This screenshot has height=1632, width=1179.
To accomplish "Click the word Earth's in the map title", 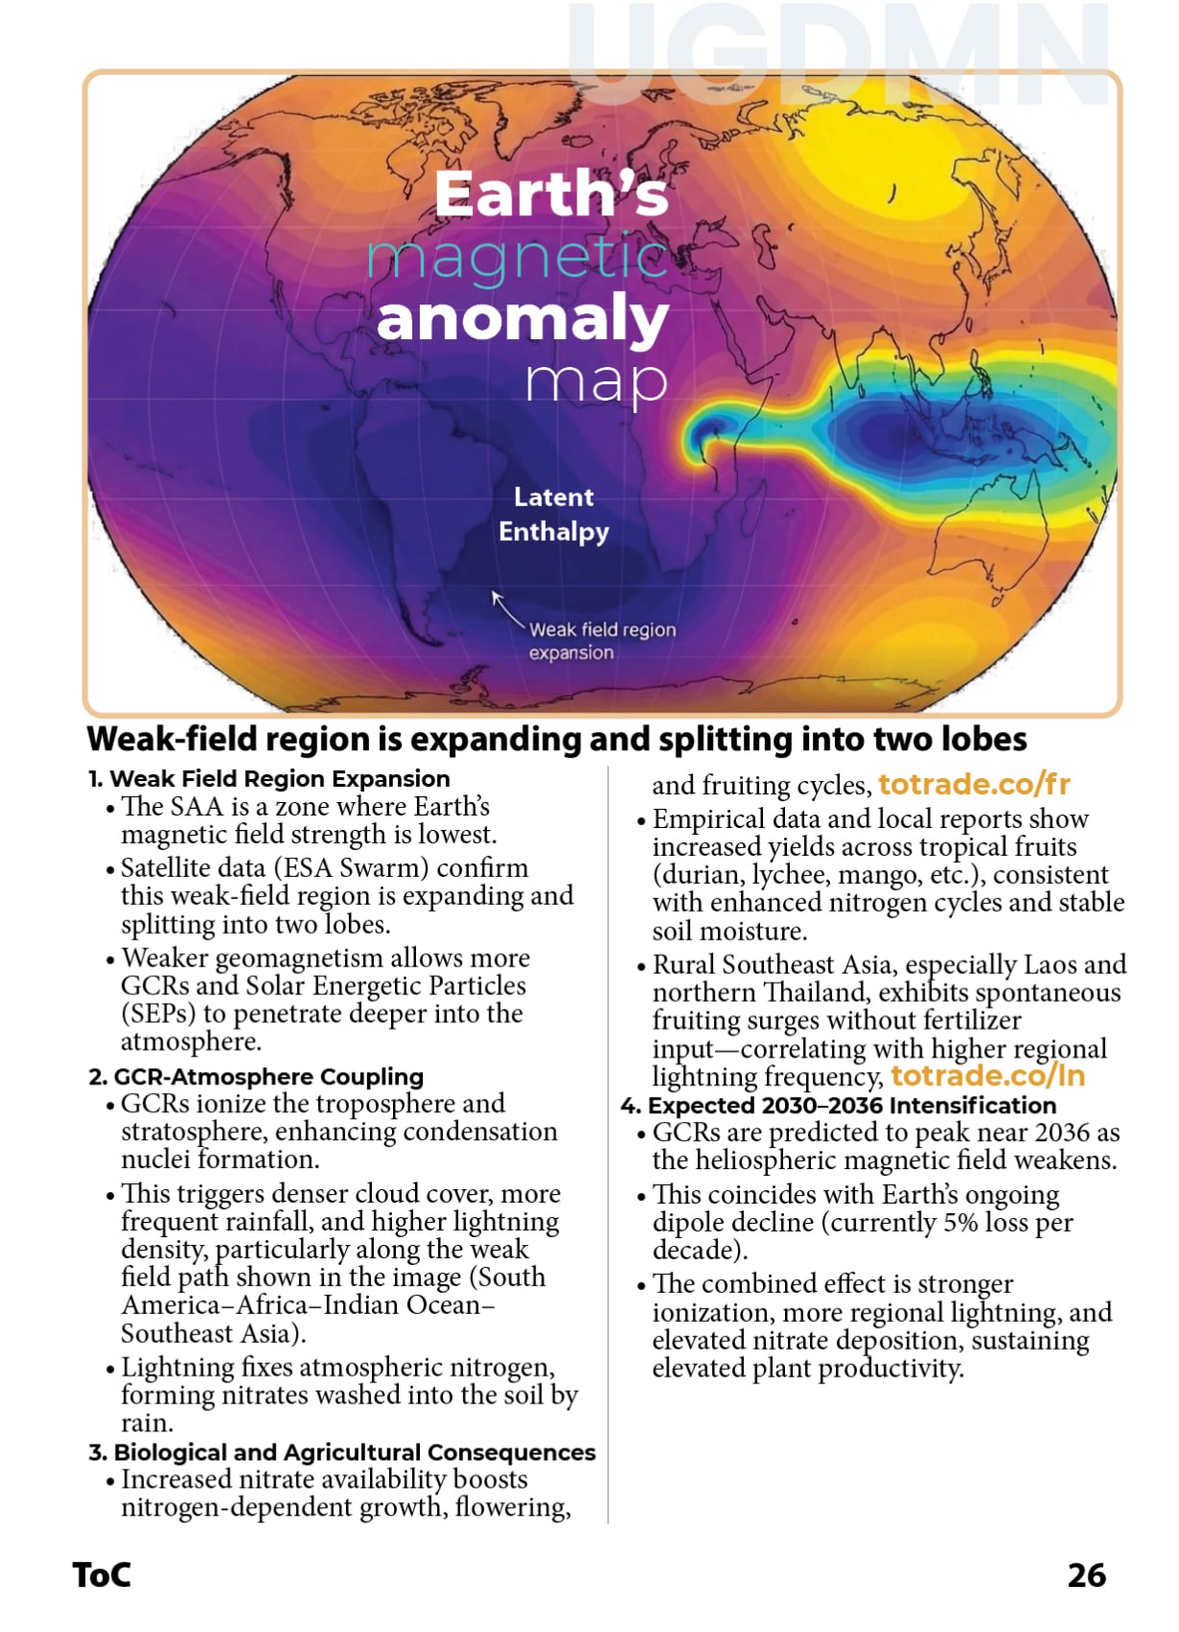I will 551,194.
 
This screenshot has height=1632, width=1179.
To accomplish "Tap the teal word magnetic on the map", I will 517,257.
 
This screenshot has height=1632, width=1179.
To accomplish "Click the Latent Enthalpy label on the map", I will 553,515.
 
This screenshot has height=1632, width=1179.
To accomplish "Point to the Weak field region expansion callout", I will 602,641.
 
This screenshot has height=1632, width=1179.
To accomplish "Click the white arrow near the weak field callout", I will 506,608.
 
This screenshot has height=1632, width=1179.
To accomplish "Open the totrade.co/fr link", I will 973,785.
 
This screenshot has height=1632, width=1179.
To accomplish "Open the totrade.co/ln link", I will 988,1076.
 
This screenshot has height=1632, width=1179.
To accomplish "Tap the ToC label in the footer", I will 102,1575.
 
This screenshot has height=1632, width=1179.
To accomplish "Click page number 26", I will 1087,1575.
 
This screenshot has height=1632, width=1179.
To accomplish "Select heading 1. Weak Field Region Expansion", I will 269,779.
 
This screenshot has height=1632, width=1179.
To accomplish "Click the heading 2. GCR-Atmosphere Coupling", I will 256,1077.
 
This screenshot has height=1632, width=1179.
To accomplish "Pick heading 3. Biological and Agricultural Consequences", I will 342,1452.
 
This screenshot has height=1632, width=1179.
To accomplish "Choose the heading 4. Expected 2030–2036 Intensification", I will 838,1106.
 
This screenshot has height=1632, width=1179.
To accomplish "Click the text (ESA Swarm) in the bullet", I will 351,867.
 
